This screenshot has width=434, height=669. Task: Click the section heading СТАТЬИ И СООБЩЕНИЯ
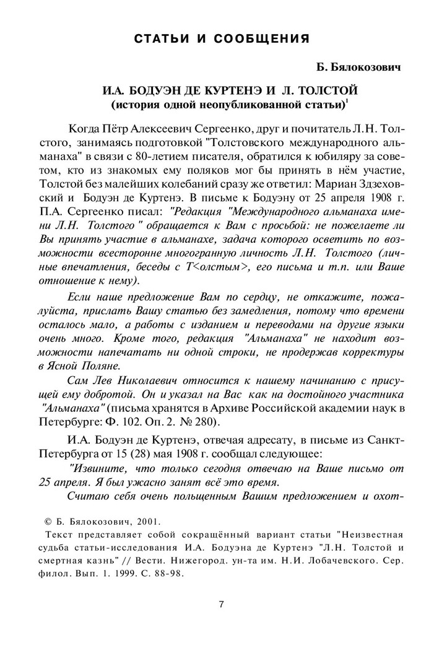tap(222, 40)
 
